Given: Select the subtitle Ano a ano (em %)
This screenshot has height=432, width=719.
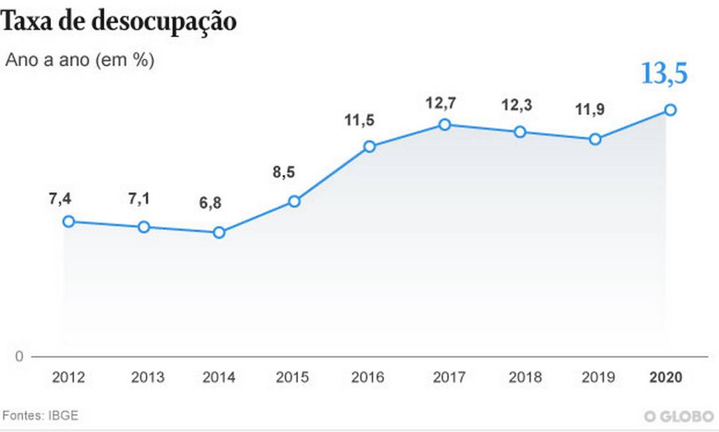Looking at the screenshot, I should click(80, 60).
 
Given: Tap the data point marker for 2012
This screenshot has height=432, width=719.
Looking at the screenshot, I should click(68, 221).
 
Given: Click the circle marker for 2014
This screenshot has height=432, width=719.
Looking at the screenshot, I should click(219, 233).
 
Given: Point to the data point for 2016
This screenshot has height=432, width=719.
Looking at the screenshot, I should click(369, 146).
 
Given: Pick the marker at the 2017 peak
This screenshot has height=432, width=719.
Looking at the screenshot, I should click(445, 125).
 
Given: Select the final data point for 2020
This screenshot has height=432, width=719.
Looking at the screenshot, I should click(670, 110).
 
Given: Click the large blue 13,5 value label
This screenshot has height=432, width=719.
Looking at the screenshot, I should click(664, 74).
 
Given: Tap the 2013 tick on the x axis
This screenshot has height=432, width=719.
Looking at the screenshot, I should click(148, 377).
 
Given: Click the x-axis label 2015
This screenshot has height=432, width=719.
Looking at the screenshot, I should click(292, 377).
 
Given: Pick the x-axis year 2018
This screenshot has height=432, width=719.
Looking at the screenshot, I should click(525, 377).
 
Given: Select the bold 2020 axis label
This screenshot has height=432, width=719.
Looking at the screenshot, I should click(665, 377).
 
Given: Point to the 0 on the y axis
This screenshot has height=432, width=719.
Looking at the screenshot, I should click(19, 356).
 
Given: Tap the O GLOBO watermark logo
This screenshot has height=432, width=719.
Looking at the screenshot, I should click(679, 416).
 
